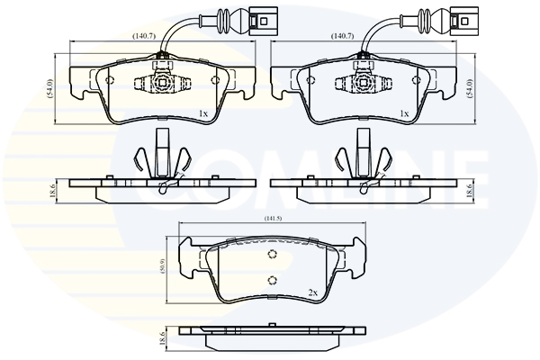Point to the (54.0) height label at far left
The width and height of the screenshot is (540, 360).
51,87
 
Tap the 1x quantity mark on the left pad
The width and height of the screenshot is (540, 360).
203,113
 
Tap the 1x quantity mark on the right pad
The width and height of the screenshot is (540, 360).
405,113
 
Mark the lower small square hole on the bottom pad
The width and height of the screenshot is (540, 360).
272,280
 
